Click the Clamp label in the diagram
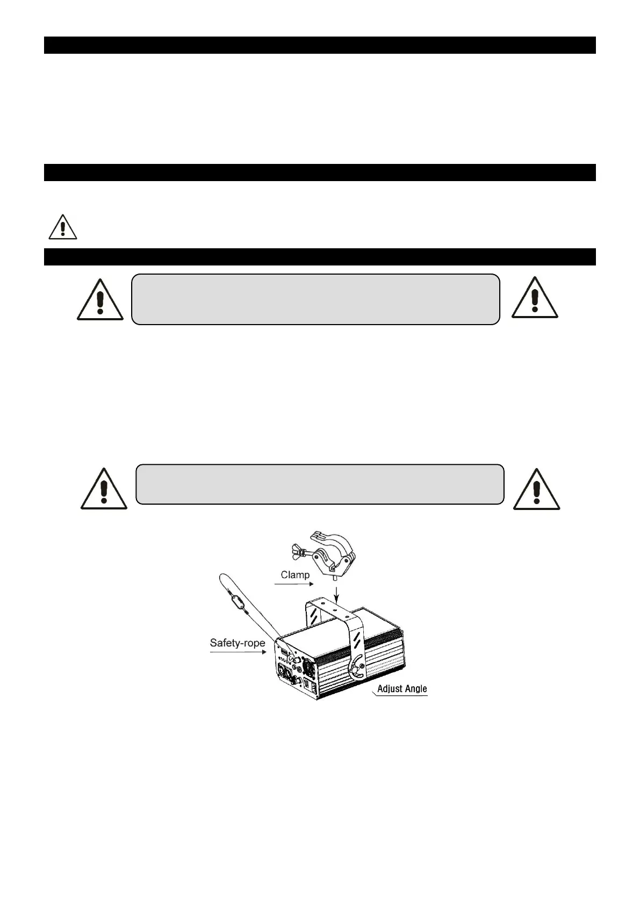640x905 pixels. pyautogui.click(x=295, y=574)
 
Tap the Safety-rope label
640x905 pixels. pyautogui.click(x=237, y=643)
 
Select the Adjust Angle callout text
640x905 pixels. pyautogui.click(x=402, y=688)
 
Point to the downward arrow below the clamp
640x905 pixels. pyautogui.click(x=336, y=593)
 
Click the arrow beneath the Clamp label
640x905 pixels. pyautogui.click(x=293, y=584)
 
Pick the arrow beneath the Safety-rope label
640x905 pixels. pyautogui.click(x=238, y=652)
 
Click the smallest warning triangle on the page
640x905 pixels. pyautogui.click(x=62, y=227)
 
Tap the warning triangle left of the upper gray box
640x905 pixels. pyautogui.click(x=100, y=299)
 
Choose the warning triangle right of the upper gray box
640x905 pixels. pyautogui.click(x=534, y=298)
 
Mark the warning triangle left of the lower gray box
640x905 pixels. pyautogui.click(x=104, y=489)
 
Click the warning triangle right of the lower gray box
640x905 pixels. pyautogui.click(x=536, y=489)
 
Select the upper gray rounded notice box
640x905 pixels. pyautogui.click(x=315, y=299)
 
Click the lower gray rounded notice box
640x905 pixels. pyautogui.click(x=320, y=484)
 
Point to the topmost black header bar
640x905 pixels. pyautogui.click(x=320, y=45)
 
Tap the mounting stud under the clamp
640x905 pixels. pyautogui.click(x=336, y=578)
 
